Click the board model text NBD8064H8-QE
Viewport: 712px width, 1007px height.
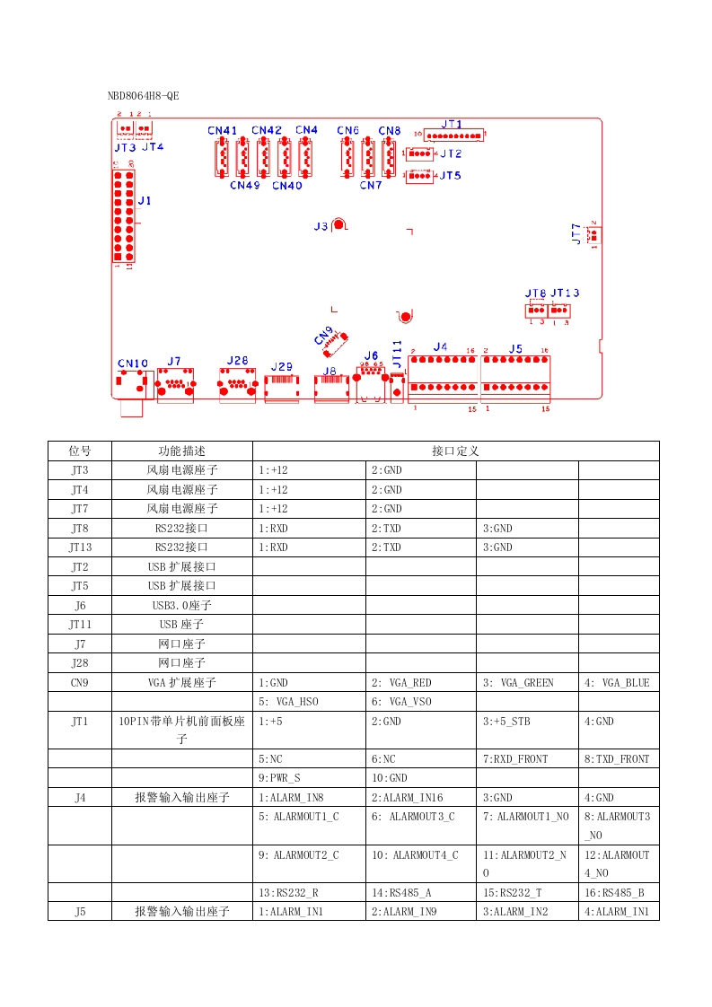(x=143, y=95)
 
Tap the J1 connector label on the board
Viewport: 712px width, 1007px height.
(x=144, y=201)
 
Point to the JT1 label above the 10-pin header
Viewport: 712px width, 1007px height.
(x=452, y=125)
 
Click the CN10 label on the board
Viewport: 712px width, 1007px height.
(x=133, y=363)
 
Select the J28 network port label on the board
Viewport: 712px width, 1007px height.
(x=237, y=361)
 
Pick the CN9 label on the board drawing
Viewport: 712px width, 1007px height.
(x=324, y=335)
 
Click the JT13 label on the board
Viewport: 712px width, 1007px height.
(x=565, y=293)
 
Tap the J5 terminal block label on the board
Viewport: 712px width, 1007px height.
(x=515, y=348)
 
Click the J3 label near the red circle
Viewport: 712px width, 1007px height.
(x=321, y=227)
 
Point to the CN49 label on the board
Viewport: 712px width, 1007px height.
(x=244, y=186)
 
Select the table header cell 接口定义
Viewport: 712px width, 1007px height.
(x=456, y=451)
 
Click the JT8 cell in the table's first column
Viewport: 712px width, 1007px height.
(x=80, y=528)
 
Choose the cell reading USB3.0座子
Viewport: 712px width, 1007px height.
(x=182, y=605)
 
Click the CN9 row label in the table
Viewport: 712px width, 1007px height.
(x=80, y=683)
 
